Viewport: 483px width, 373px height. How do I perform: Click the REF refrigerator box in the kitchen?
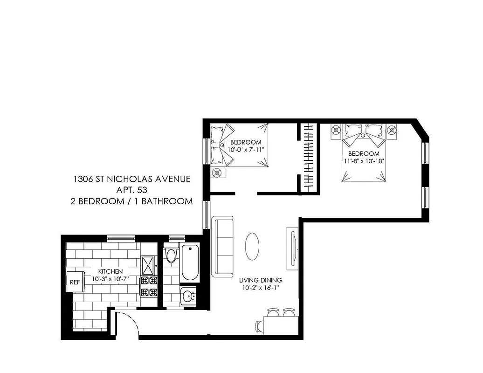coord(75,282)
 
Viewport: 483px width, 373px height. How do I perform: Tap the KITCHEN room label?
coord(110,271)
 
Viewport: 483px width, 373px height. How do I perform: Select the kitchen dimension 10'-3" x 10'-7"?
coord(110,279)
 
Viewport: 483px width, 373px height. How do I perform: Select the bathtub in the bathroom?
coord(190,262)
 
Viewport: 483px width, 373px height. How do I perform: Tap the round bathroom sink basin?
coord(189,295)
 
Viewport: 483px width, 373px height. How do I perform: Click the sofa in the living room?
coord(223,246)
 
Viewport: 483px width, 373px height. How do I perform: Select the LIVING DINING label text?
coord(261,280)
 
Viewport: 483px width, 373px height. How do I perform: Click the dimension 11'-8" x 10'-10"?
coord(364,161)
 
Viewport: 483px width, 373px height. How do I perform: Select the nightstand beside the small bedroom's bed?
coord(217,173)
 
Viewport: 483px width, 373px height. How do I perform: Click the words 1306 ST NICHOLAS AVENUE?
coord(132,179)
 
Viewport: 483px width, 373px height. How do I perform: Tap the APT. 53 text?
coord(132,190)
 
